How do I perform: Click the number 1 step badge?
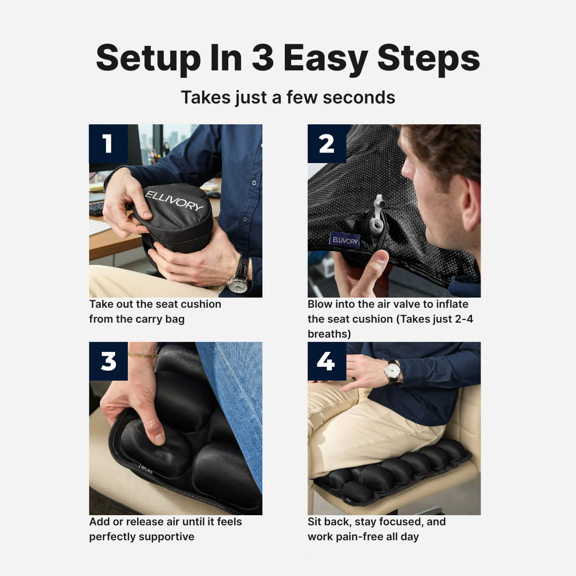tap(108, 143)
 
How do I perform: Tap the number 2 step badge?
tap(327, 143)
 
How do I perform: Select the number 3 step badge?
tap(108, 361)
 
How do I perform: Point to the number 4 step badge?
tap(327, 361)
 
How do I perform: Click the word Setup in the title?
tap(148, 59)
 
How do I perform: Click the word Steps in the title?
tap(428, 58)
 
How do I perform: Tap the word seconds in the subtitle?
tap(359, 98)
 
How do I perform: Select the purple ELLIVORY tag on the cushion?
tap(345, 240)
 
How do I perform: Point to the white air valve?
tap(376, 217)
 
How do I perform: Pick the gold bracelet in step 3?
tap(143, 355)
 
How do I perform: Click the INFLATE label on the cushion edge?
tap(147, 470)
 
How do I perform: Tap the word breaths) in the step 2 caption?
tap(329, 334)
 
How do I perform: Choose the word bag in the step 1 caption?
tap(175, 319)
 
